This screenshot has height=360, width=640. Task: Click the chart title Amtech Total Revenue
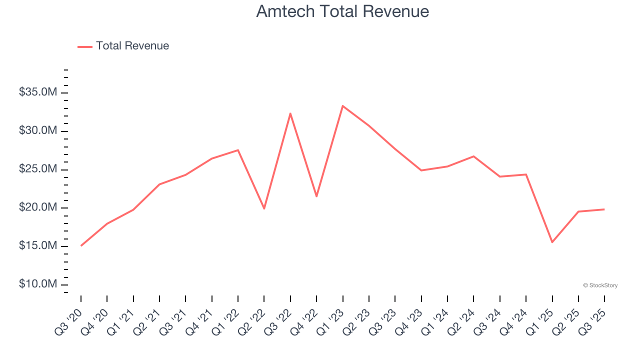[x=342, y=11]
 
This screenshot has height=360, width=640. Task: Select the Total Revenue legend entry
[x=123, y=46]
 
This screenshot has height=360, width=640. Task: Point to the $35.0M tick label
[x=38, y=92]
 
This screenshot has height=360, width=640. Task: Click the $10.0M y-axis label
[x=38, y=284]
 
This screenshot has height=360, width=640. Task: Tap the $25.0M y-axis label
[x=38, y=169]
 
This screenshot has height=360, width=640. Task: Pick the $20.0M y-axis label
[x=38, y=208]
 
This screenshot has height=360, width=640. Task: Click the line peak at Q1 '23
[x=342, y=106]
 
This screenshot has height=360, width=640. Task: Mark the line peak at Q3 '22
[x=290, y=113]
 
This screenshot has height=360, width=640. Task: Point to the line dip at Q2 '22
[x=264, y=208]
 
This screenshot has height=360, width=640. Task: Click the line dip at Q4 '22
[x=316, y=196]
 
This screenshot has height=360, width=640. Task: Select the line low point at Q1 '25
[x=552, y=242]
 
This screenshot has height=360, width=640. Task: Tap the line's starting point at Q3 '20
[x=81, y=245]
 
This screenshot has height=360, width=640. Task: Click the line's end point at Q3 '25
[x=604, y=209]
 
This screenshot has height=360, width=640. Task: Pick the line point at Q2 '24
[x=473, y=156]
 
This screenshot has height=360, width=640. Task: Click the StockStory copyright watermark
[x=600, y=285]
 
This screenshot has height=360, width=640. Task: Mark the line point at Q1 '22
[x=238, y=150]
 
